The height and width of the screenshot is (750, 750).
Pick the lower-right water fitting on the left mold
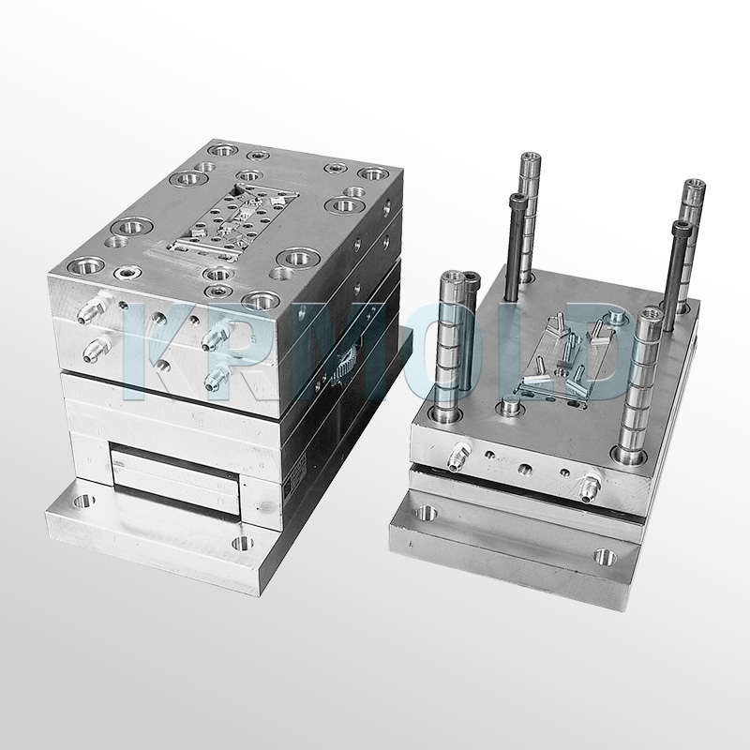click(217, 377)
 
